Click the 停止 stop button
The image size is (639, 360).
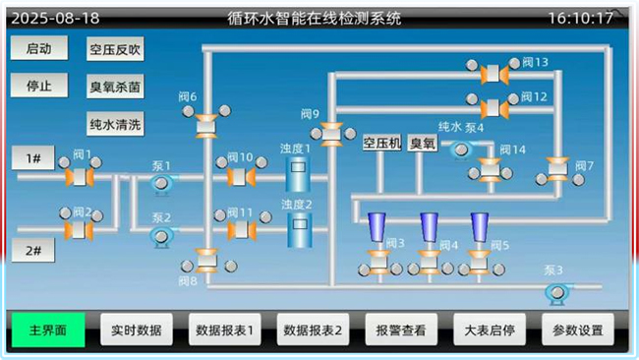(x=39, y=86)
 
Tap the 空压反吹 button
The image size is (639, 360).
(x=115, y=49)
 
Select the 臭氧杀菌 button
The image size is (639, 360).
(x=115, y=87)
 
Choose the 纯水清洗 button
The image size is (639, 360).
(x=115, y=124)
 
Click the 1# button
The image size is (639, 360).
(x=33, y=157)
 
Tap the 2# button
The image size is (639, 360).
(x=33, y=250)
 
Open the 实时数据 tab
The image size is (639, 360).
(x=137, y=330)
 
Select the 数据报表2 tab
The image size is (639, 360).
(x=313, y=330)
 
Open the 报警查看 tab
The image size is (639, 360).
(x=401, y=330)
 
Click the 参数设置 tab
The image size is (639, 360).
(x=578, y=330)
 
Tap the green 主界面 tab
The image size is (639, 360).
(x=48, y=330)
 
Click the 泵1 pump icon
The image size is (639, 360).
(x=162, y=184)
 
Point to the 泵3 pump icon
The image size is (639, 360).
(x=557, y=293)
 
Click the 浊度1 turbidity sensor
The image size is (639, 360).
(x=298, y=174)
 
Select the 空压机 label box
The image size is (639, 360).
(x=381, y=143)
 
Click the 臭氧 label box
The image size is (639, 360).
(x=422, y=143)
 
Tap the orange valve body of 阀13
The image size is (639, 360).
(x=494, y=74)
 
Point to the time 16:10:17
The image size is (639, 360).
(x=580, y=18)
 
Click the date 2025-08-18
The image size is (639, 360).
(x=55, y=19)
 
